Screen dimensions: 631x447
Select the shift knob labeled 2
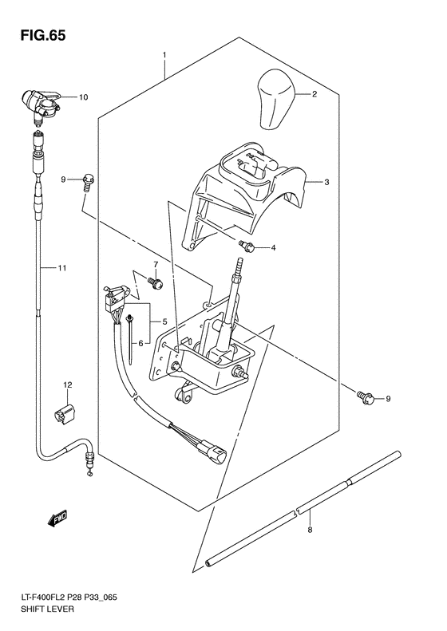click(276, 98)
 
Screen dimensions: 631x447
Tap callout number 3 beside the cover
click(326, 183)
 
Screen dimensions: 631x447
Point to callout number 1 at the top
click(164, 56)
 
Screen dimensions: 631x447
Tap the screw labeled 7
click(156, 282)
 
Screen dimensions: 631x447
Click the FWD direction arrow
click(58, 519)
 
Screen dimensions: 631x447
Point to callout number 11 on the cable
click(62, 269)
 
